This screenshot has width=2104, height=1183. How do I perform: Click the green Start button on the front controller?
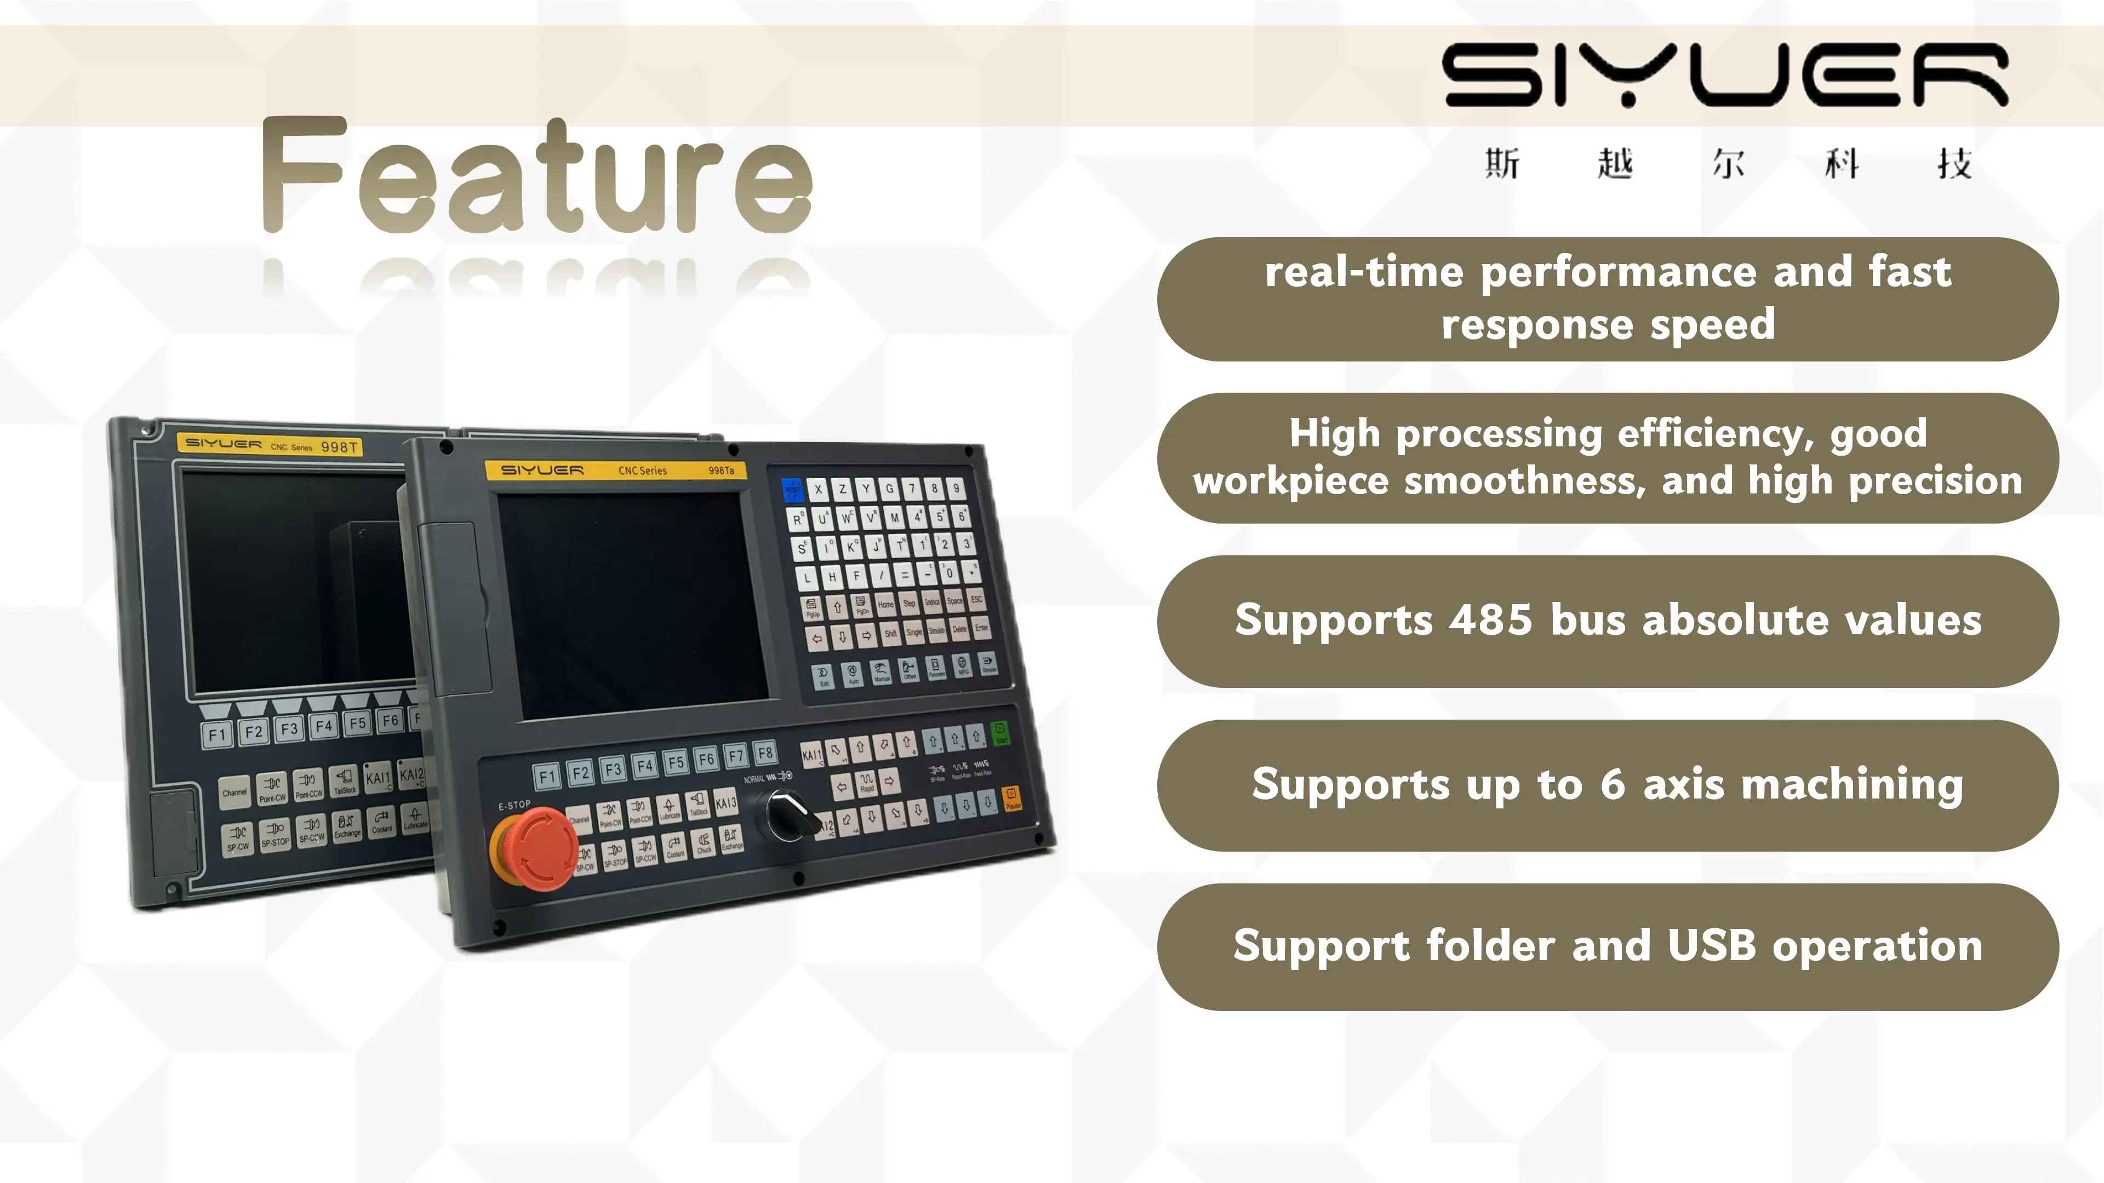(1000, 732)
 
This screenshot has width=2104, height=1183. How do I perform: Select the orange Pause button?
(1012, 797)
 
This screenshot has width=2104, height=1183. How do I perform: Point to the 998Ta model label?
(721, 470)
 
